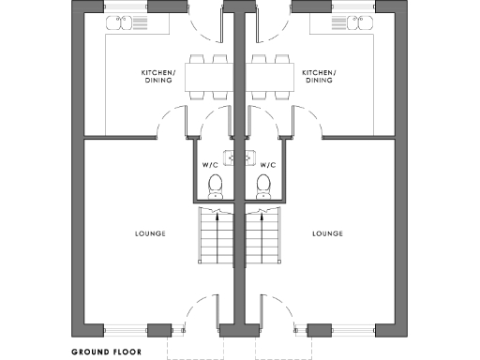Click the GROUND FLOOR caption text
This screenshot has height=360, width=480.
pos(106,353)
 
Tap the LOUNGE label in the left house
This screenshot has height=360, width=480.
pos(151,233)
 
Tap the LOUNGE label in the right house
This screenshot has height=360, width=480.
pos(327,233)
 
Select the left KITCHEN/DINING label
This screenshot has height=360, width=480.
pos(158,76)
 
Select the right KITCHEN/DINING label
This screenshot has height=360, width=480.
pos(319,76)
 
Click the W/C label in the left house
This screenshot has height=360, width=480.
pos(209,165)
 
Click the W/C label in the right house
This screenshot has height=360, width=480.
pos(267,165)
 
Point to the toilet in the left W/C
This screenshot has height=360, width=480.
pos(215,186)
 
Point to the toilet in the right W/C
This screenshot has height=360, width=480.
pos(263,186)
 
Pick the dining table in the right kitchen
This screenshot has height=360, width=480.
pos(270,76)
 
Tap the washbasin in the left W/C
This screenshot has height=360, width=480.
pos(228,157)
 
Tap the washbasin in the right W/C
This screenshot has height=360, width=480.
pos(250,157)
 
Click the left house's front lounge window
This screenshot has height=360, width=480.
pos(126,329)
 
